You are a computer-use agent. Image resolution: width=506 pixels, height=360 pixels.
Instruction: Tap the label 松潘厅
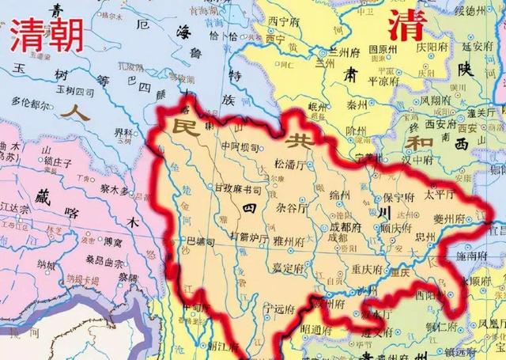click(289, 165)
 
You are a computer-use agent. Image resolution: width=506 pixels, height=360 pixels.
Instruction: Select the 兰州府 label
click(346, 51)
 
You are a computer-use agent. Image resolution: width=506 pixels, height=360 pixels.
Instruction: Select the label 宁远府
click(281, 308)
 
